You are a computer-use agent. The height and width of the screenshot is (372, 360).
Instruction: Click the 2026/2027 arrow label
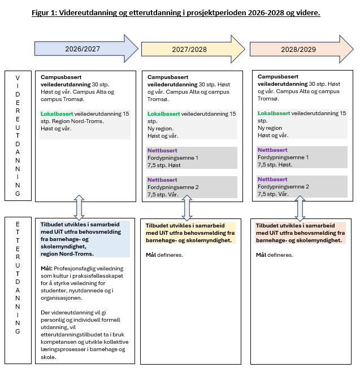click(83, 49)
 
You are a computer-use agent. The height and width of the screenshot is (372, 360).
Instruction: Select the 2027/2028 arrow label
click(189, 49)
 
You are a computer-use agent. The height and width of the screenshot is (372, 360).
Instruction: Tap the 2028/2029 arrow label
click(299, 49)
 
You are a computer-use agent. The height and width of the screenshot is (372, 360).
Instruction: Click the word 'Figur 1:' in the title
click(48, 11)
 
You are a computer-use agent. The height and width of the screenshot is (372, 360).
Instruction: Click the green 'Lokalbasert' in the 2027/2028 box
click(163, 114)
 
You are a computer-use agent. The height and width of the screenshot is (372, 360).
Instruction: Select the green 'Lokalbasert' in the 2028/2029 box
click(274, 114)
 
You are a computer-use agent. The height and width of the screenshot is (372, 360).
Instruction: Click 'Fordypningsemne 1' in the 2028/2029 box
click(283, 157)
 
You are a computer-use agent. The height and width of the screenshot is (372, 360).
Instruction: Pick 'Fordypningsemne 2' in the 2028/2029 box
click(283, 186)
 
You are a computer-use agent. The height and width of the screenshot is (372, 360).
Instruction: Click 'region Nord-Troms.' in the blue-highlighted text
click(67, 253)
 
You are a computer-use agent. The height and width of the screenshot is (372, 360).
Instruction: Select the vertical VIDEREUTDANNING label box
click(18, 135)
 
